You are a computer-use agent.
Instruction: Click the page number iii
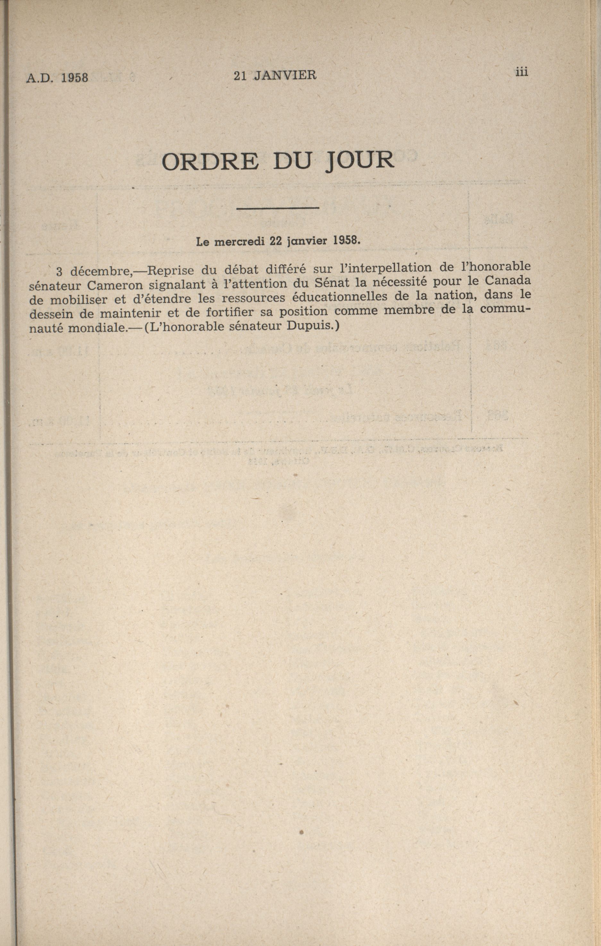(522, 72)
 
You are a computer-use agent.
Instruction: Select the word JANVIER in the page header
(285, 75)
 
